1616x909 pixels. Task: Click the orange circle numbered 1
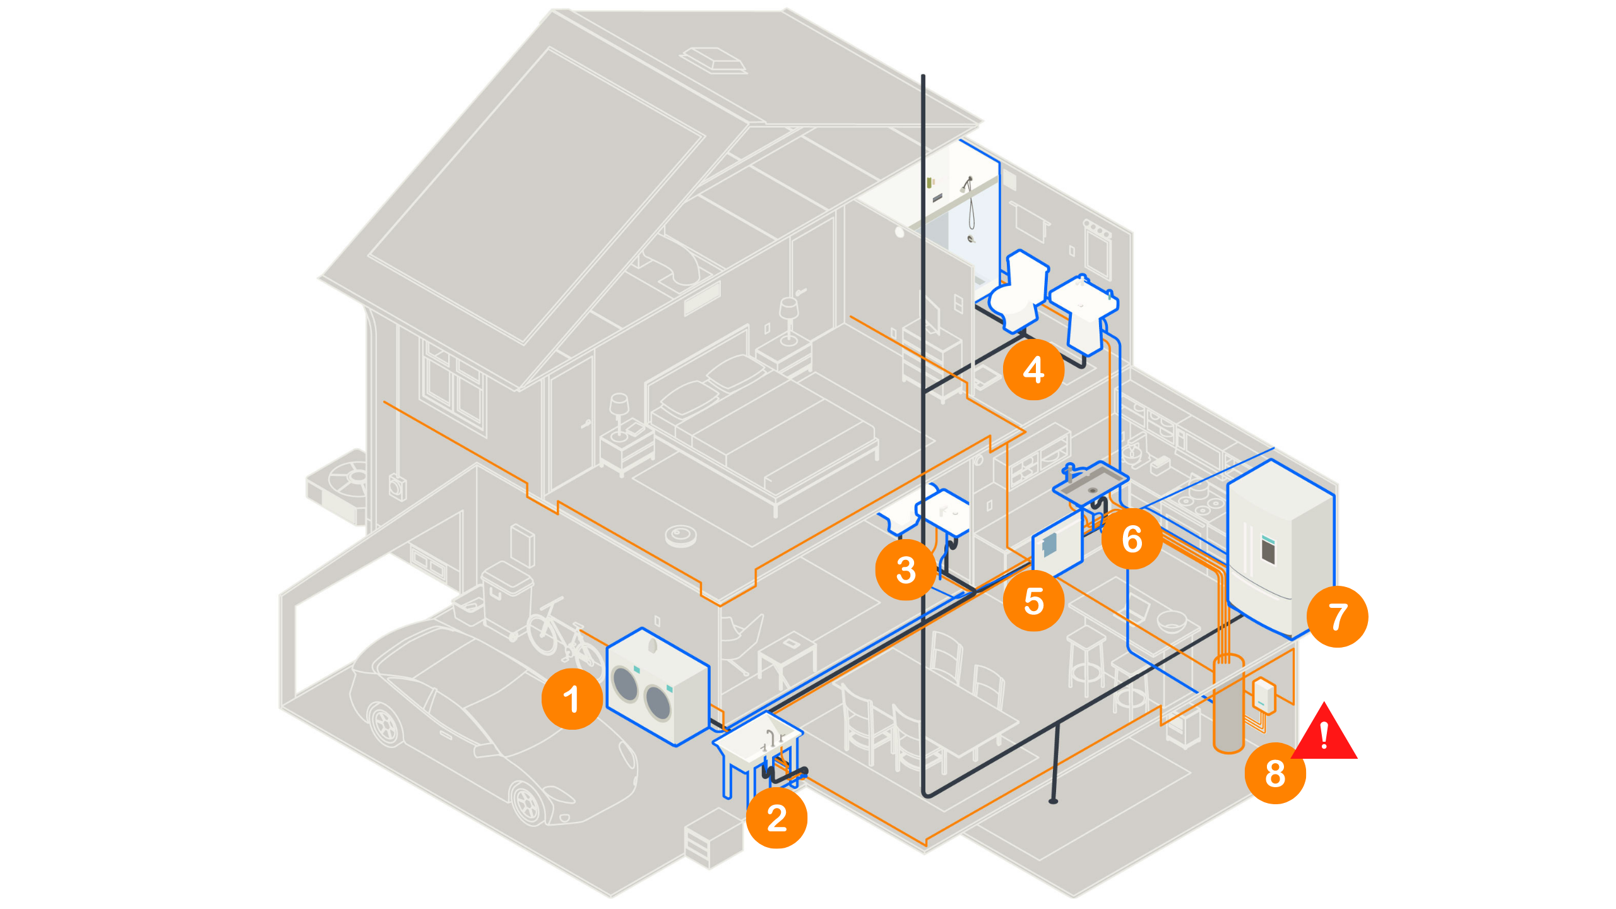coord(572,699)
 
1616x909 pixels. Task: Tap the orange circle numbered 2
coord(776,818)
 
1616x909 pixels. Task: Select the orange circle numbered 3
coord(906,569)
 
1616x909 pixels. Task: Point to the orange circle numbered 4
coord(1033,369)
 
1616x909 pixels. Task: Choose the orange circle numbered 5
coord(1033,600)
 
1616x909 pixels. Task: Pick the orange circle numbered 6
coord(1132,538)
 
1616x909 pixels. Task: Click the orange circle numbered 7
coord(1337,616)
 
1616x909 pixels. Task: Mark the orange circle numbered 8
coord(1275,773)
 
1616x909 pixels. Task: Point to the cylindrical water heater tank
coord(1228,704)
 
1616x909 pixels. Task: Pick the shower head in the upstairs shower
coord(966,184)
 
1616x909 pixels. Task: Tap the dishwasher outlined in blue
coord(1057,544)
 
